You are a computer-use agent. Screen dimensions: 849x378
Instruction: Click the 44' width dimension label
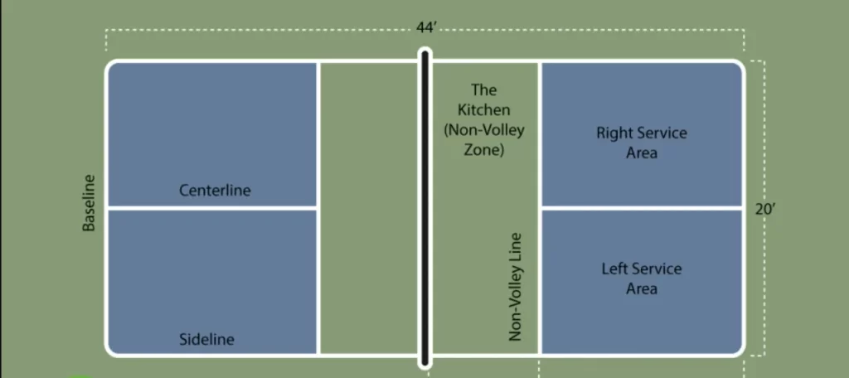tap(426, 27)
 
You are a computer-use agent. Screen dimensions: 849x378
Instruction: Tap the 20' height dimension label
tap(765, 209)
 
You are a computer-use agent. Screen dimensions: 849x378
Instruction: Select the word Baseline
tap(89, 203)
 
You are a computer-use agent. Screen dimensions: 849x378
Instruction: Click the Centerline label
tap(215, 191)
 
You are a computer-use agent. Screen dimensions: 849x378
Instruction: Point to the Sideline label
tap(206, 340)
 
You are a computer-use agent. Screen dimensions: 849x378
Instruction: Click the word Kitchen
tap(484, 110)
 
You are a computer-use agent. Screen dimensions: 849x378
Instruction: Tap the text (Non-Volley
tap(484, 130)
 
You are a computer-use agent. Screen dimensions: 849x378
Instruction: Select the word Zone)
tap(484, 150)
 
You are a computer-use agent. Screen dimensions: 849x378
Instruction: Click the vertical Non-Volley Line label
tap(515, 287)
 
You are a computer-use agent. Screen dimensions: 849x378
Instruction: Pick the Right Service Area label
tap(642, 143)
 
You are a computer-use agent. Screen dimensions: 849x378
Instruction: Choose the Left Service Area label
tap(642, 279)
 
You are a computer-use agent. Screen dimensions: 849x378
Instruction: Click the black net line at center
tap(425, 209)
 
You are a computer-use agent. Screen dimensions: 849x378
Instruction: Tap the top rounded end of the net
tap(425, 50)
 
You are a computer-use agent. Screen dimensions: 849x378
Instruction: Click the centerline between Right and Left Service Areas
tap(642, 208)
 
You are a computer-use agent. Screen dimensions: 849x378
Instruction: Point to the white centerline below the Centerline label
tap(213, 208)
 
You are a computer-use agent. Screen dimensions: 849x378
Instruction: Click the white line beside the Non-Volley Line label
tap(539, 209)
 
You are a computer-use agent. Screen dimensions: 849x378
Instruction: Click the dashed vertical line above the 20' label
tap(764, 130)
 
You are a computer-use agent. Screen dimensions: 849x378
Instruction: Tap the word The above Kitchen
tap(484, 90)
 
